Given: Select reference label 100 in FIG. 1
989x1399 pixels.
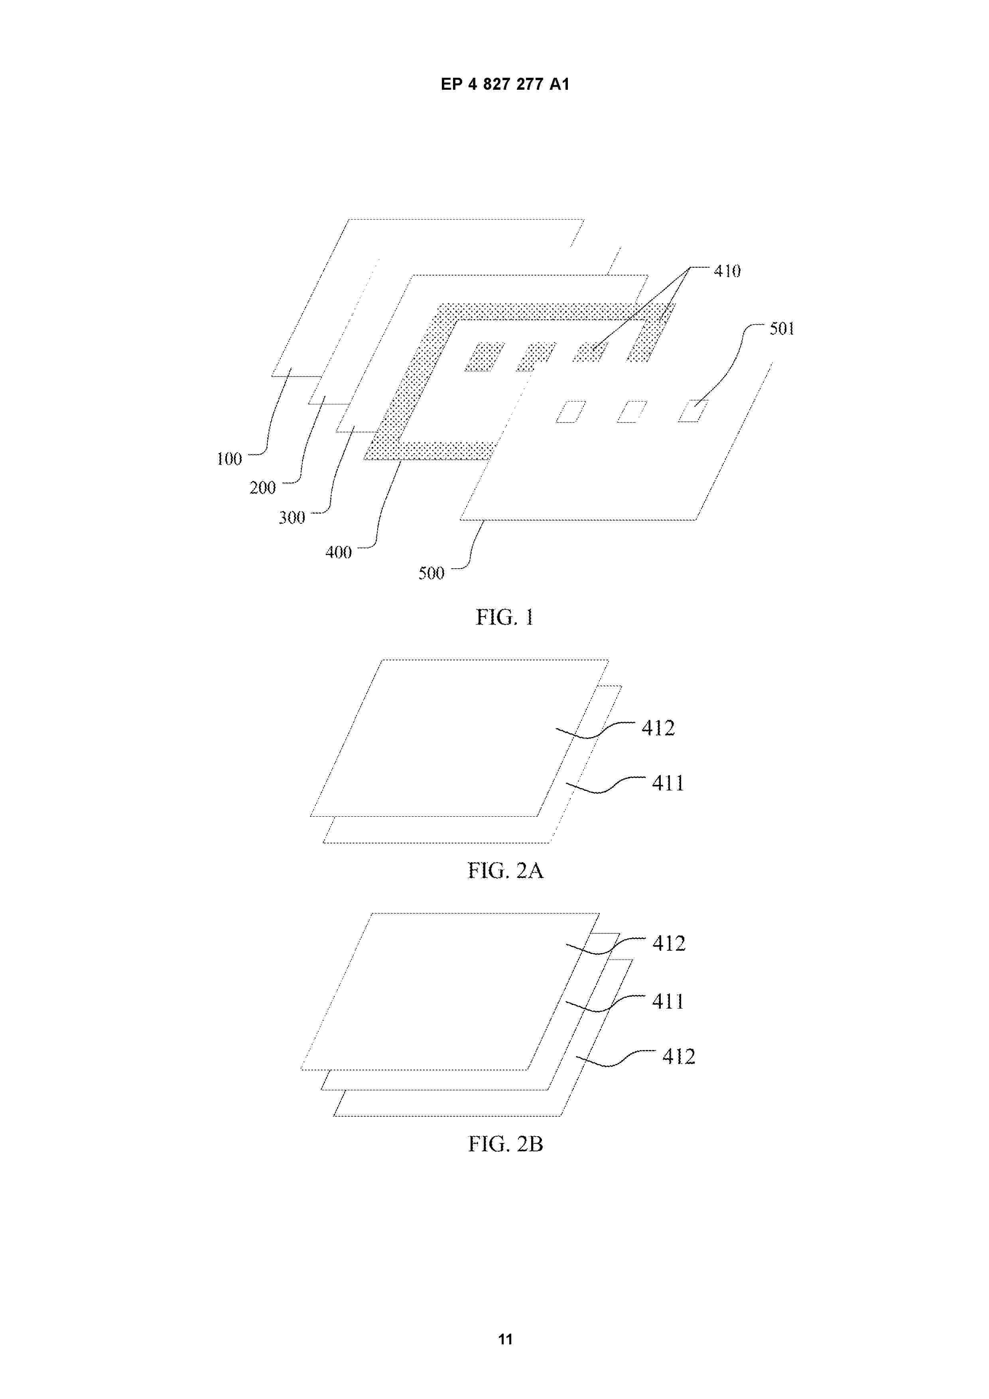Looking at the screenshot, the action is tap(229, 459).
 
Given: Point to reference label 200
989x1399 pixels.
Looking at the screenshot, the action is tap(263, 487).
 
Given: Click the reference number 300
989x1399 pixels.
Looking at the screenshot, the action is tap(292, 517).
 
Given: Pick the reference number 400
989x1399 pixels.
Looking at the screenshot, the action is tap(338, 552).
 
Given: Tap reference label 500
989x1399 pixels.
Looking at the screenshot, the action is tap(431, 573).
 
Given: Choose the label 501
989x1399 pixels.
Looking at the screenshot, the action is tap(782, 329).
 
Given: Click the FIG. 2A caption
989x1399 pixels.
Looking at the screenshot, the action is tap(505, 871).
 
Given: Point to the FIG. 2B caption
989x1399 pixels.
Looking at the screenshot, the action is tap(505, 1144).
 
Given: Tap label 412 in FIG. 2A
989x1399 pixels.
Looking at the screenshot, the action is tap(658, 727).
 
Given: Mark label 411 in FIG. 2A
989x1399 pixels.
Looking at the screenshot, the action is tap(668, 783).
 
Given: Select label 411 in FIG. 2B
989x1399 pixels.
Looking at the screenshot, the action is tap(668, 1001).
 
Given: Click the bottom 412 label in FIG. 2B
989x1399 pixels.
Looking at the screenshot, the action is tap(679, 1056).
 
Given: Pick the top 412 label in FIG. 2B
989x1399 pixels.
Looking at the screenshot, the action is tap(669, 943).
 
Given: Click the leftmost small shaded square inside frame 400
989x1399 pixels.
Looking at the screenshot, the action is tap(485, 357).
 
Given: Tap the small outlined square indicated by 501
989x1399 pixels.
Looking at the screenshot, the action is tap(693, 411).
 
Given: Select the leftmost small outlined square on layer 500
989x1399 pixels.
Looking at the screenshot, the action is tap(571, 411).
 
